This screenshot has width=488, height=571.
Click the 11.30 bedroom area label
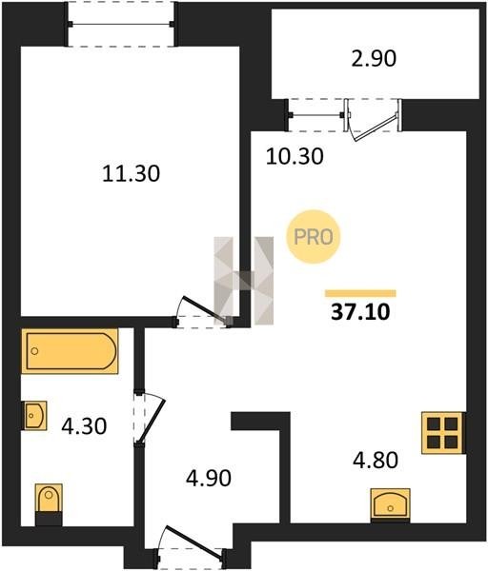coord(131,174)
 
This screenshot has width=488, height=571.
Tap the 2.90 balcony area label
coord(374,59)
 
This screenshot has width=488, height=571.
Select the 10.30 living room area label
coord(295,157)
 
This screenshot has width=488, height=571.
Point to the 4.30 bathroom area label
coord(84,426)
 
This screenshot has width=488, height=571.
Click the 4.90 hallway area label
coord(209,478)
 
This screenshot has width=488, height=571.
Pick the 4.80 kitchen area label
coord(376,460)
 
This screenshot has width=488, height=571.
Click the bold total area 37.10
coord(360,312)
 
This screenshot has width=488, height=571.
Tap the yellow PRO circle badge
coord(314,237)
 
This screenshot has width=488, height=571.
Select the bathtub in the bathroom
coord(70,351)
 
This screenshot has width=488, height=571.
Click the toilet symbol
coord(49,504)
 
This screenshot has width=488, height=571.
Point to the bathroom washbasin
coord(35,416)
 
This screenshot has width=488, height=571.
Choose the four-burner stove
coord(443,433)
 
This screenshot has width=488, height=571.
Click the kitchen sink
coord(390,505)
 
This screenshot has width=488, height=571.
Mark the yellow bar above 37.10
coord(360,293)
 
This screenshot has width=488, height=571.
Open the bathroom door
coord(150,419)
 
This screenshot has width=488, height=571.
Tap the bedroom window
coord(121,25)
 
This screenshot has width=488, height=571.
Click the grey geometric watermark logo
coord(244,281)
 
